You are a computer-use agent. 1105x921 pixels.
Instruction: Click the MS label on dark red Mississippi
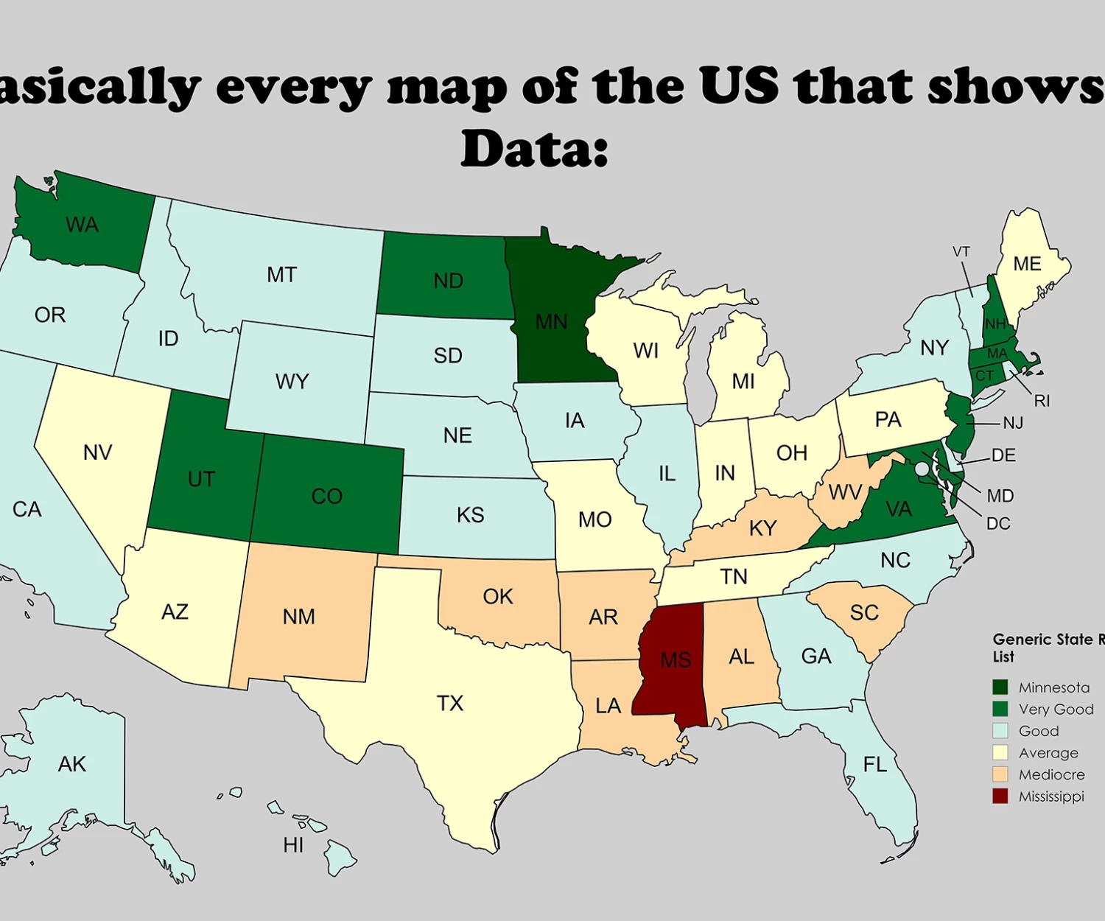pos(676,659)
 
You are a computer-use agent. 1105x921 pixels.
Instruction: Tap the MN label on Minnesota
pos(551,322)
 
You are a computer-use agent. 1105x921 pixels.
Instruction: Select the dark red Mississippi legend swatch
pos(1000,796)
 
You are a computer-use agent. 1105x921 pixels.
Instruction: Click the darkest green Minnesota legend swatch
pos(1000,687)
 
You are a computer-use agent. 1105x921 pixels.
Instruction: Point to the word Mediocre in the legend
pos(1051,774)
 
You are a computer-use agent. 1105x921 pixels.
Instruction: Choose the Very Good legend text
pos(1056,709)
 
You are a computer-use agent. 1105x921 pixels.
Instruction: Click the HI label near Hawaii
pos(293,845)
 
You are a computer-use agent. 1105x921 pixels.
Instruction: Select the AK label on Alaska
pos(72,764)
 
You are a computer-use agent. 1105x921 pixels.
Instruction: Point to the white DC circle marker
pos(922,469)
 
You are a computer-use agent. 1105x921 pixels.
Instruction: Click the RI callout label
pos(1042,401)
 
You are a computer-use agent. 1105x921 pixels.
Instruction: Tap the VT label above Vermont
pos(961,252)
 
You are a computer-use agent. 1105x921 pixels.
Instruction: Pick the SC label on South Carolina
pos(864,612)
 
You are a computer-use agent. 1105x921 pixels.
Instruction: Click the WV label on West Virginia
pos(845,492)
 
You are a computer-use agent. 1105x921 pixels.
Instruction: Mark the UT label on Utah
pos(201,479)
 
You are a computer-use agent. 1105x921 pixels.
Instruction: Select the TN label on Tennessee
pos(734,576)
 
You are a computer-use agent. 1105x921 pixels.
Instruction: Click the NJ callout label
pos(1013,423)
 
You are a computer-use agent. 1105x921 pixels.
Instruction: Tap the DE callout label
pos(1003,455)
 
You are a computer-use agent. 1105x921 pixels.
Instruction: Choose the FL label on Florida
pos(875,765)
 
